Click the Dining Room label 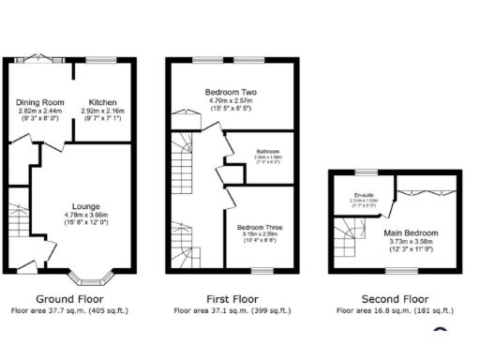pyautogui.click(x=37, y=102)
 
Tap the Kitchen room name pyautogui.click(x=103, y=102)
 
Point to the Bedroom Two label pyautogui.click(x=231, y=92)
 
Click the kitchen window pyautogui.click(x=104, y=60)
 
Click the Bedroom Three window pyautogui.click(x=257, y=270)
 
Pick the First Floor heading pyautogui.click(x=231, y=299)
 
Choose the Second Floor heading pyautogui.click(x=395, y=299)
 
